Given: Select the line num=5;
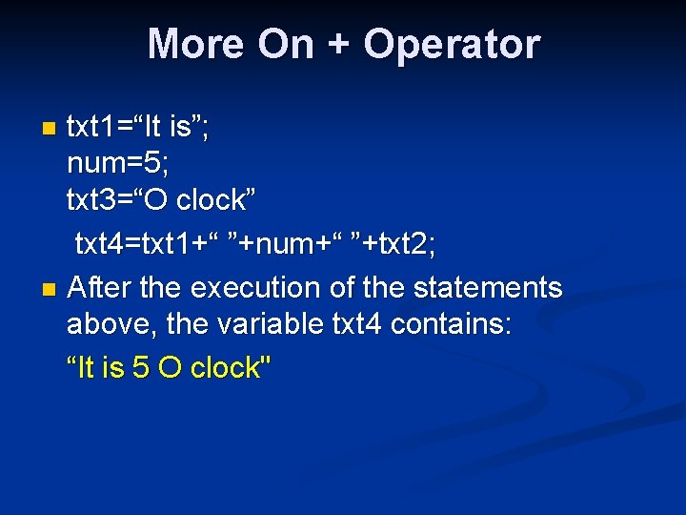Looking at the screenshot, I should (118, 164).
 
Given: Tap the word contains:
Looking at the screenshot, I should (453, 324).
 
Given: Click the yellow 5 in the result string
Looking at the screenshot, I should (140, 367).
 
